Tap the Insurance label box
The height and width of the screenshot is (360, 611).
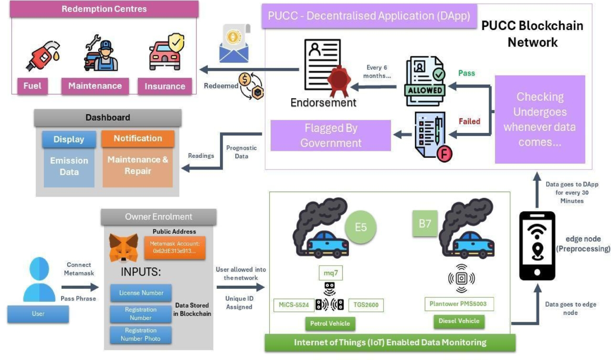[x=165, y=86]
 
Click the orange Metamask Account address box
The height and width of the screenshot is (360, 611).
[x=175, y=247]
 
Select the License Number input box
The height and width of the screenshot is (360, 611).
[x=141, y=293]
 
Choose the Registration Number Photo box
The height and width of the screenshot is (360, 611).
[x=141, y=335]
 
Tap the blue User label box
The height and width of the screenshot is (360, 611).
[x=38, y=314]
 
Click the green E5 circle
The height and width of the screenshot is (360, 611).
[x=360, y=227]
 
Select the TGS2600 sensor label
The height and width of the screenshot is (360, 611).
[x=366, y=305]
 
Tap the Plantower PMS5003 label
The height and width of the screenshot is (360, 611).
[x=459, y=304]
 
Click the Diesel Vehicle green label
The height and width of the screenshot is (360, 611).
[x=459, y=321]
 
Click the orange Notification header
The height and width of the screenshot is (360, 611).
[x=137, y=139]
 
